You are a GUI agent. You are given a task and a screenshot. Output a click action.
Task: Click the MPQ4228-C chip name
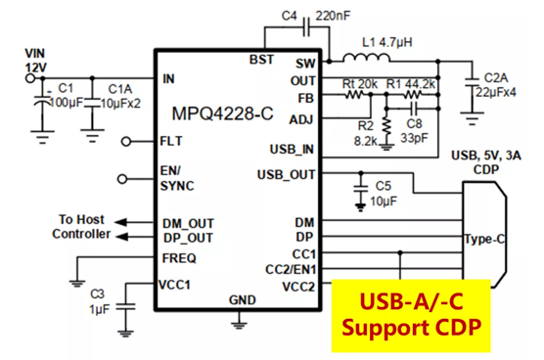(x=222, y=113)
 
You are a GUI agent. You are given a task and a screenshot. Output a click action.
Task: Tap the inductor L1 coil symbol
(x=366, y=59)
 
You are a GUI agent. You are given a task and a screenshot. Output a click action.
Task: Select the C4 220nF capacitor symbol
(x=306, y=26)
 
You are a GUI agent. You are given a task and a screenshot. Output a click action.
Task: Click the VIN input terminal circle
(x=30, y=78)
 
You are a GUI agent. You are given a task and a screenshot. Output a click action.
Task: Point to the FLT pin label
(x=170, y=141)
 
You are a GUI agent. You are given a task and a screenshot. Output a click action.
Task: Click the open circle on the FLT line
(x=126, y=142)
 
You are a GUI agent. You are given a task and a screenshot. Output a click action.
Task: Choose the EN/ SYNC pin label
(x=177, y=178)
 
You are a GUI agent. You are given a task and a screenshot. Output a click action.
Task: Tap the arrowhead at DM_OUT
(x=120, y=222)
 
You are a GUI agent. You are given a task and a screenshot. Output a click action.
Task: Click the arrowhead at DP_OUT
(x=121, y=237)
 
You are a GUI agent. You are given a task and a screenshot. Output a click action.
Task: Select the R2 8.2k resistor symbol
(x=386, y=126)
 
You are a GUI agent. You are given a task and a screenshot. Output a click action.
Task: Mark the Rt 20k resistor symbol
(x=353, y=94)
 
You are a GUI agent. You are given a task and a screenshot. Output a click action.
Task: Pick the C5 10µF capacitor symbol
(x=360, y=189)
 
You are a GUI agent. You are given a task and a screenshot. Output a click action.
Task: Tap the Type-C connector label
(x=484, y=239)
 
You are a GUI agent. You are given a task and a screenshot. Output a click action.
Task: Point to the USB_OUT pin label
(x=286, y=174)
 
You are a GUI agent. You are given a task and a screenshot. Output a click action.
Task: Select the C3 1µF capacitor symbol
(x=125, y=307)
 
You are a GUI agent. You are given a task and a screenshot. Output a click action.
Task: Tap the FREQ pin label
(x=179, y=258)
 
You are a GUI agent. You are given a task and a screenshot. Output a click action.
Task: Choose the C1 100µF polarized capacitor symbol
(x=43, y=101)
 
